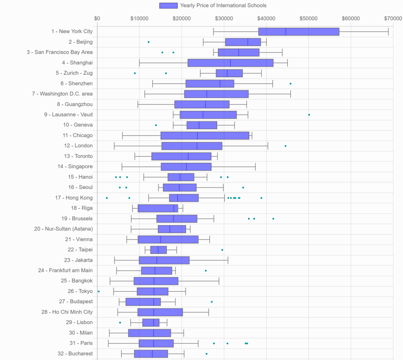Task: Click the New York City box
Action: point(299,32)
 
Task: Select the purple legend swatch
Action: point(168,6)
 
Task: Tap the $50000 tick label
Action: point(309,18)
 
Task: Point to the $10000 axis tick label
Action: point(140,18)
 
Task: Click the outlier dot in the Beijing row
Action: point(149,42)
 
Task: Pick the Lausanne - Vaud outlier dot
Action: point(309,115)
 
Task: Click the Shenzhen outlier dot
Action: point(290,84)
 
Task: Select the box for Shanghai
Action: point(230,63)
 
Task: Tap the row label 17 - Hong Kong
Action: point(74,198)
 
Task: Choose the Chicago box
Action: point(205,136)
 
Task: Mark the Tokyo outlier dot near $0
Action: point(99,291)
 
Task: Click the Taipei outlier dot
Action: point(222,250)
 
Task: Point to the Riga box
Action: point(158,208)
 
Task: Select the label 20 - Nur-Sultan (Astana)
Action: point(63,229)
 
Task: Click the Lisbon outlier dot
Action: point(120,322)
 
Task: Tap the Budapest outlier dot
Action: point(212,302)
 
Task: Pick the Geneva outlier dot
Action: point(156,125)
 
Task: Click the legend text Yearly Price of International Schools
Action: point(223,6)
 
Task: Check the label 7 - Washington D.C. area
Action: point(62,94)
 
